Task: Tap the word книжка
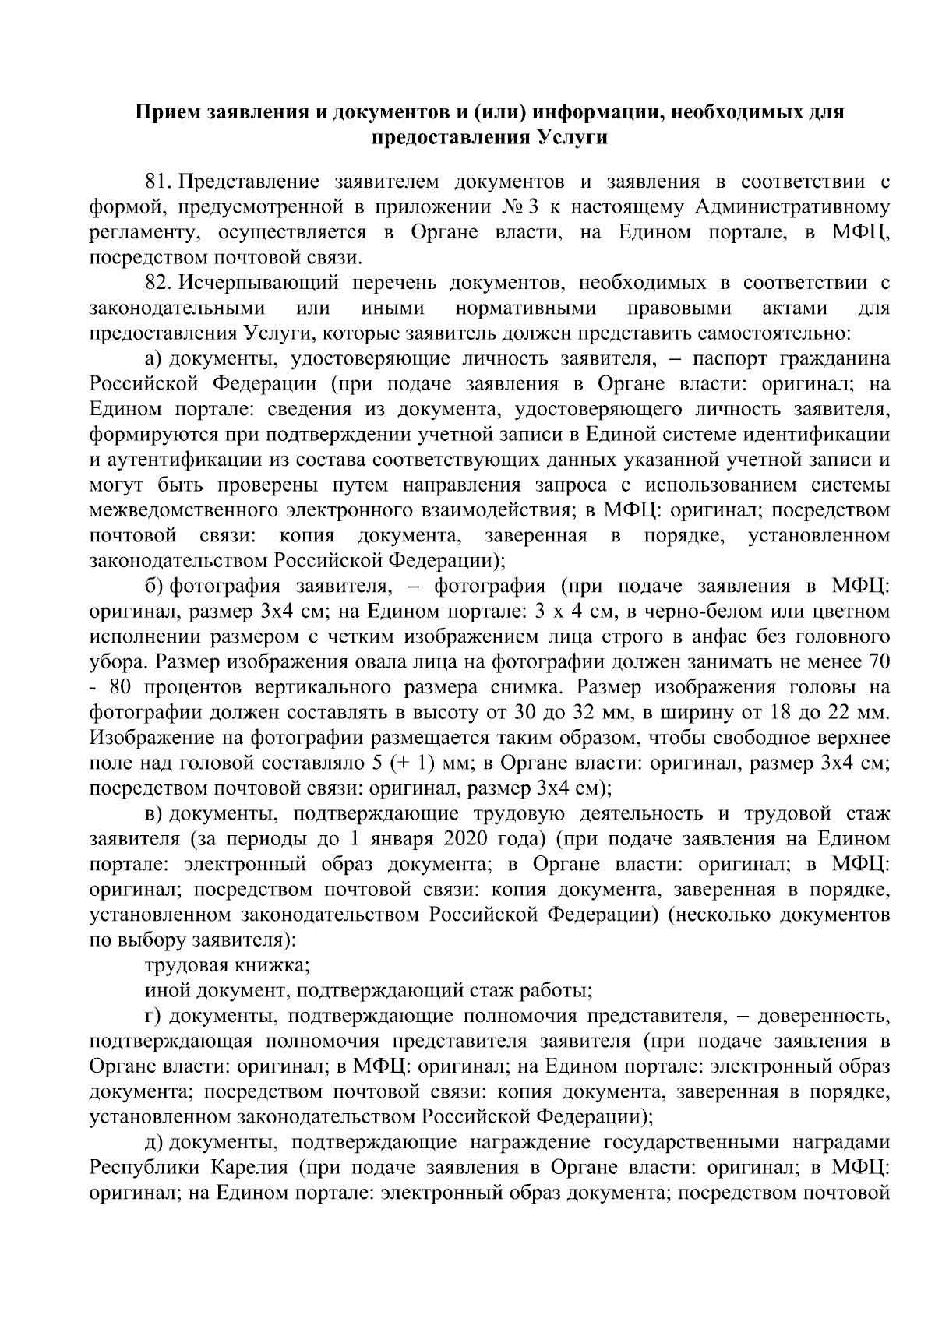[273, 966]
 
